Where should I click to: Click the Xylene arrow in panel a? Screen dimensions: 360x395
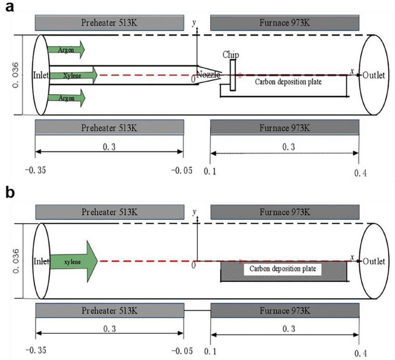coord(73,75)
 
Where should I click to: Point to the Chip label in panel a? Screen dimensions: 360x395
coord(230,55)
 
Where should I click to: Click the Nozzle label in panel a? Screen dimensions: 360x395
coord(208,75)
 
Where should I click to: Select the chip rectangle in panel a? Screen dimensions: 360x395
coord(232,75)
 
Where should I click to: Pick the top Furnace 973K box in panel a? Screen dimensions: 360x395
coord(285,22)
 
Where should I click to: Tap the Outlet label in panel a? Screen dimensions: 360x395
coord(374,75)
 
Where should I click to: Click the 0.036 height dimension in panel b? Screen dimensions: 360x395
coord(14,260)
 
